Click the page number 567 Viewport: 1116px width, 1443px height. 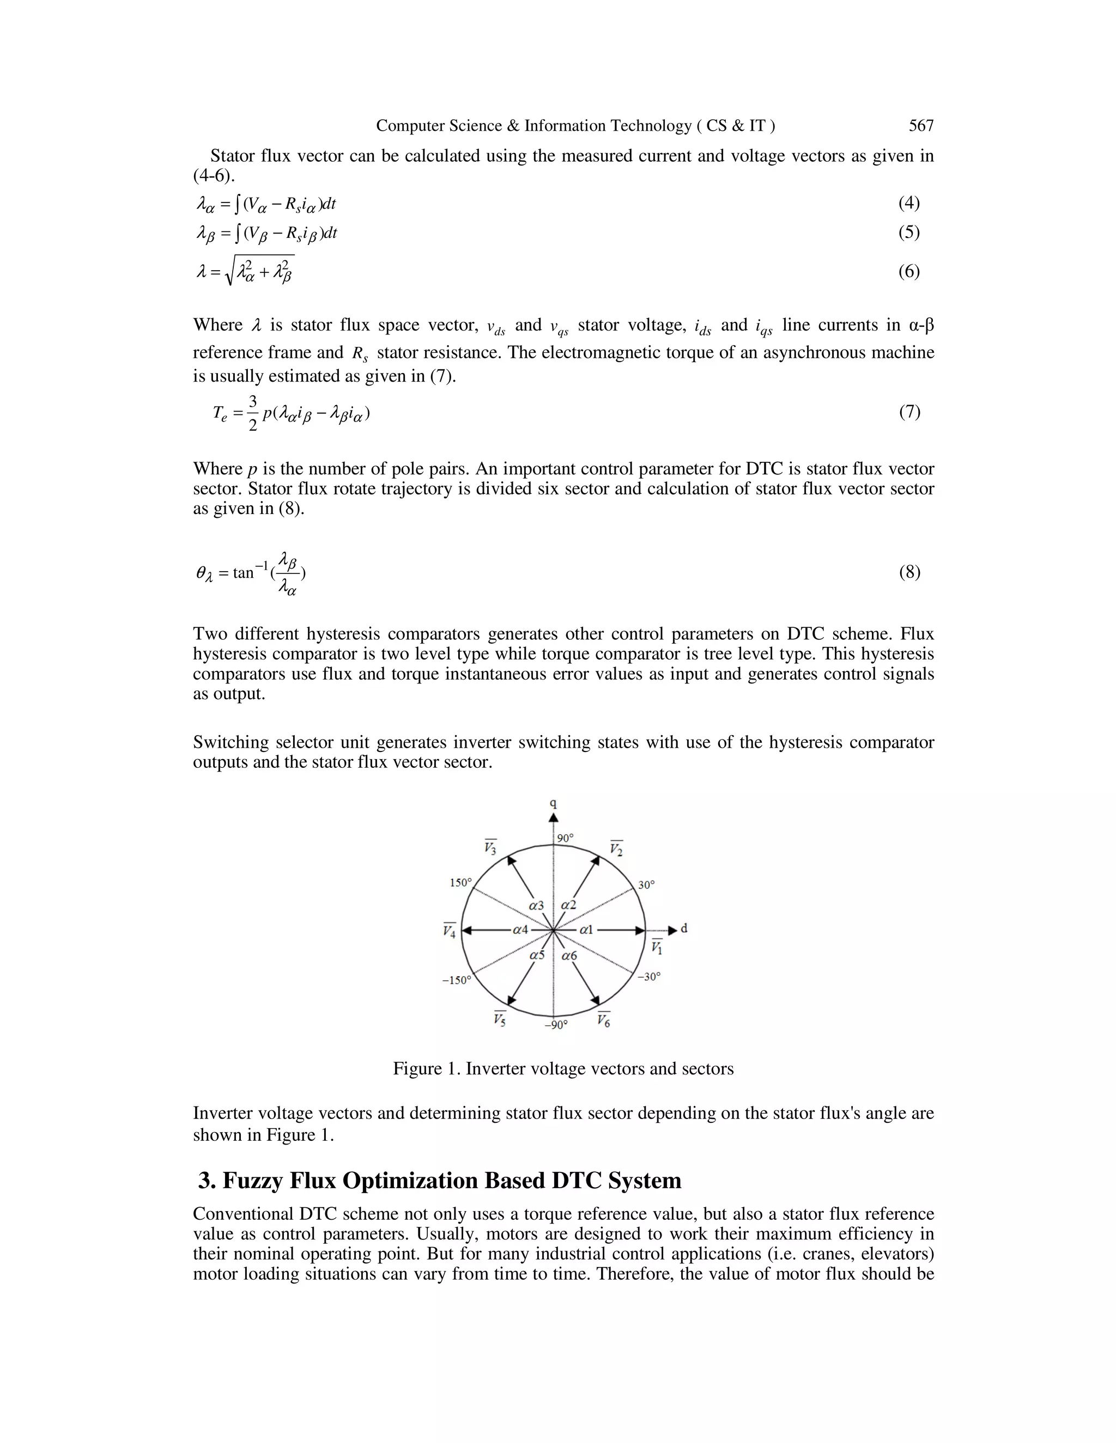point(921,126)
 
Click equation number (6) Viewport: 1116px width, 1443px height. point(909,272)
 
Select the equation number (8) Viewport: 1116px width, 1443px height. point(909,572)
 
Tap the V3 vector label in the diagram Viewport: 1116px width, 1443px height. point(490,847)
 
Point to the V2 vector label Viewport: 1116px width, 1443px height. point(616,848)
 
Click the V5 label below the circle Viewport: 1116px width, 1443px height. point(500,1019)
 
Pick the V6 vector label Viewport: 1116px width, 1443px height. point(604,1019)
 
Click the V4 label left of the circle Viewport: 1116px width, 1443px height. point(450,931)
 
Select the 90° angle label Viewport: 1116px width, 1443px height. point(565,839)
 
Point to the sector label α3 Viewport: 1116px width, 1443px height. point(536,905)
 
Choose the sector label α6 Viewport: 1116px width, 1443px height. point(569,956)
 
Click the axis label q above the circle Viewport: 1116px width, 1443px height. point(554,804)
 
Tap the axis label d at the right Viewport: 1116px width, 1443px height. point(684,928)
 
